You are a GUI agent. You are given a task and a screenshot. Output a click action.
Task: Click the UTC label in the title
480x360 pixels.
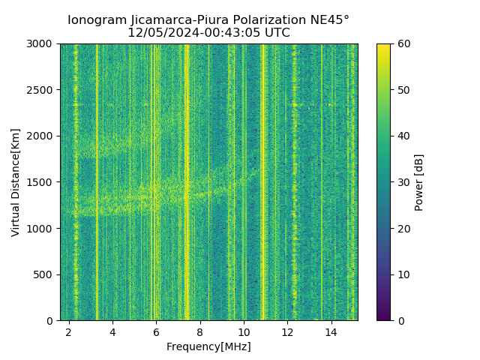[277, 33]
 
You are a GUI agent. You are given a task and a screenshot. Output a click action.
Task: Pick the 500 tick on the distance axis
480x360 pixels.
[44, 274]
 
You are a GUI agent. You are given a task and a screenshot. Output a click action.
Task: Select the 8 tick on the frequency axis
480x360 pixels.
[200, 331]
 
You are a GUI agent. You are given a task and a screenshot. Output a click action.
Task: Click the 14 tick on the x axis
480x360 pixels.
[331, 331]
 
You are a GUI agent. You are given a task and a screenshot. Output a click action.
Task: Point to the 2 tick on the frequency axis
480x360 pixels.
[69, 331]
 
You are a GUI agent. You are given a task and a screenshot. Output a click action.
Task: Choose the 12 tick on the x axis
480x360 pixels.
[288, 331]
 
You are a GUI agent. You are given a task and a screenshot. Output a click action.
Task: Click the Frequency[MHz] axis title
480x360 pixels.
[208, 346]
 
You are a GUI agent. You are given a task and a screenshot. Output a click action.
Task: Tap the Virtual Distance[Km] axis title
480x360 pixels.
[16, 182]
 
